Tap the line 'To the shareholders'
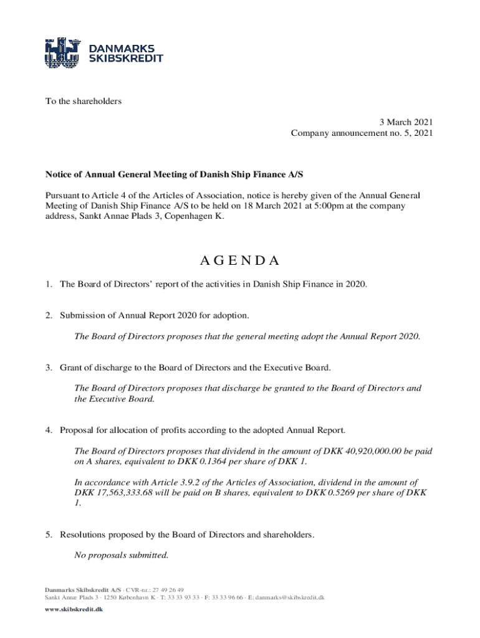(x=82, y=101)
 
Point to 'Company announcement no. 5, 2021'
(x=362, y=133)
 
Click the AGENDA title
(x=239, y=260)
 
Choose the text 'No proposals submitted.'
(x=121, y=555)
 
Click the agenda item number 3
(x=47, y=367)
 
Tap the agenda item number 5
(x=47, y=534)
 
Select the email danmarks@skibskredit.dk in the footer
(x=287, y=597)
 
